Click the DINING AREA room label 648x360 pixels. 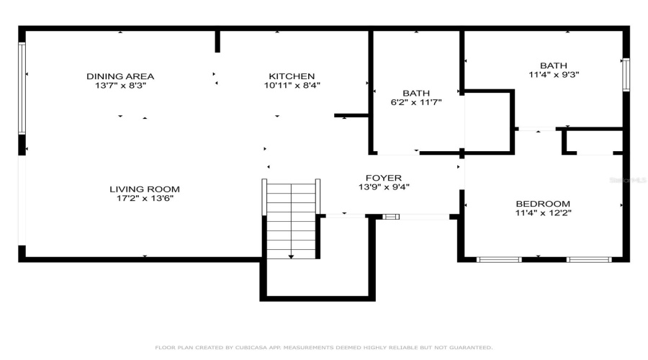[120, 76]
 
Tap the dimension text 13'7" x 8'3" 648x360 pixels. [120, 85]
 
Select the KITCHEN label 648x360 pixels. [292, 76]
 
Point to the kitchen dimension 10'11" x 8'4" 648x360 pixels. [292, 85]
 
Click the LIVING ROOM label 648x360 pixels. [144, 189]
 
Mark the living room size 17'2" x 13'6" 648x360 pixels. [144, 198]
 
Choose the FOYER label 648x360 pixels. [384, 178]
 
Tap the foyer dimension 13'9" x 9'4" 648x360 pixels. [384, 187]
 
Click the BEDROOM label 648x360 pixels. [542, 204]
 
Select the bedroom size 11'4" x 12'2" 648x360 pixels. [542, 212]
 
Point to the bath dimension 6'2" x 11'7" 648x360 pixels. [415, 102]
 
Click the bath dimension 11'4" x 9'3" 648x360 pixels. [554, 73]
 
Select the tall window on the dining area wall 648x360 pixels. [22, 88]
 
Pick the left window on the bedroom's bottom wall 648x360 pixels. [499, 259]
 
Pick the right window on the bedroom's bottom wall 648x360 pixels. [588, 259]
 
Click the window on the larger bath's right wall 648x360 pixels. [626, 74]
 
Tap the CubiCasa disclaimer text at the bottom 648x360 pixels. [324, 347]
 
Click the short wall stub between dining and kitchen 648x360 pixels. [217, 41]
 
